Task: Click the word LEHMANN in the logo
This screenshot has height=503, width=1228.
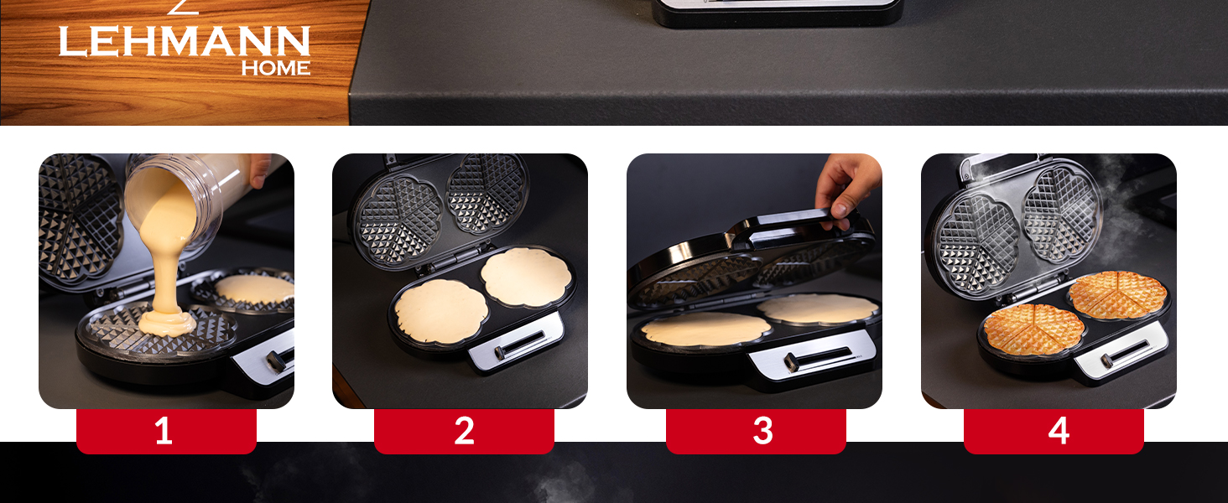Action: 184,42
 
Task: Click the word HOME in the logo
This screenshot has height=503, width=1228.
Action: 276,69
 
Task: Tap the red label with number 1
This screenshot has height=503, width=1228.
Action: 165,431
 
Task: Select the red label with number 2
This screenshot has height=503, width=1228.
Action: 464,431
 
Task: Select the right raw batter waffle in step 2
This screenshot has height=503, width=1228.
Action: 526,277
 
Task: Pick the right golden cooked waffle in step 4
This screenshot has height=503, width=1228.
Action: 1117,294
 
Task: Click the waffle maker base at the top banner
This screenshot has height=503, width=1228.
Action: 778,13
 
